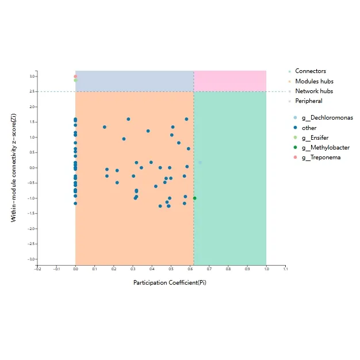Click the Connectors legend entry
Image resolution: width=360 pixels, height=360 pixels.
311,71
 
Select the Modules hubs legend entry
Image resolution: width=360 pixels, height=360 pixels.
314,82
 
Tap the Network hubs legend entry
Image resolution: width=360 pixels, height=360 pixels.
314,91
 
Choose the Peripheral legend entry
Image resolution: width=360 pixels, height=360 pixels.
308,101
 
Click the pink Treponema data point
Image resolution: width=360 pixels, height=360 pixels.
75,76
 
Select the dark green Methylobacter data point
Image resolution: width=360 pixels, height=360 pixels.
194,198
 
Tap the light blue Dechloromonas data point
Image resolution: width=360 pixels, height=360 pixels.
200,162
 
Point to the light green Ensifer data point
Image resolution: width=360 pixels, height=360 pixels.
75,81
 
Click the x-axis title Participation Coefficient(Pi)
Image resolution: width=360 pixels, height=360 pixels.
170,282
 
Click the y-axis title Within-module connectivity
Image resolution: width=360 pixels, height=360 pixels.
13,167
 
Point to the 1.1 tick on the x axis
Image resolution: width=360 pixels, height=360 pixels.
285,269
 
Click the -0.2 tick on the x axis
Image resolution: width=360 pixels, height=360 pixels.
37,269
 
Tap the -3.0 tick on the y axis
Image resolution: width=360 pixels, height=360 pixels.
32,259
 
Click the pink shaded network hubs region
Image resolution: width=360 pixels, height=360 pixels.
229,81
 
